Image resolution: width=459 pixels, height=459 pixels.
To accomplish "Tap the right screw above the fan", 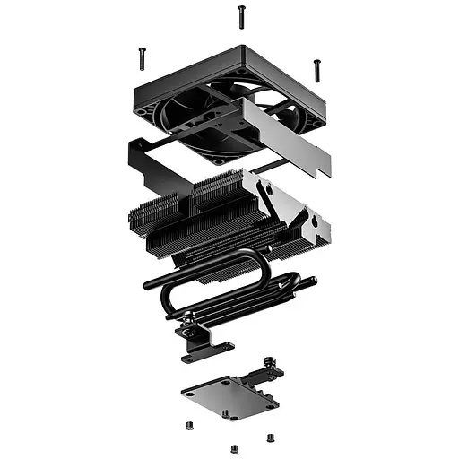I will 316,69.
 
